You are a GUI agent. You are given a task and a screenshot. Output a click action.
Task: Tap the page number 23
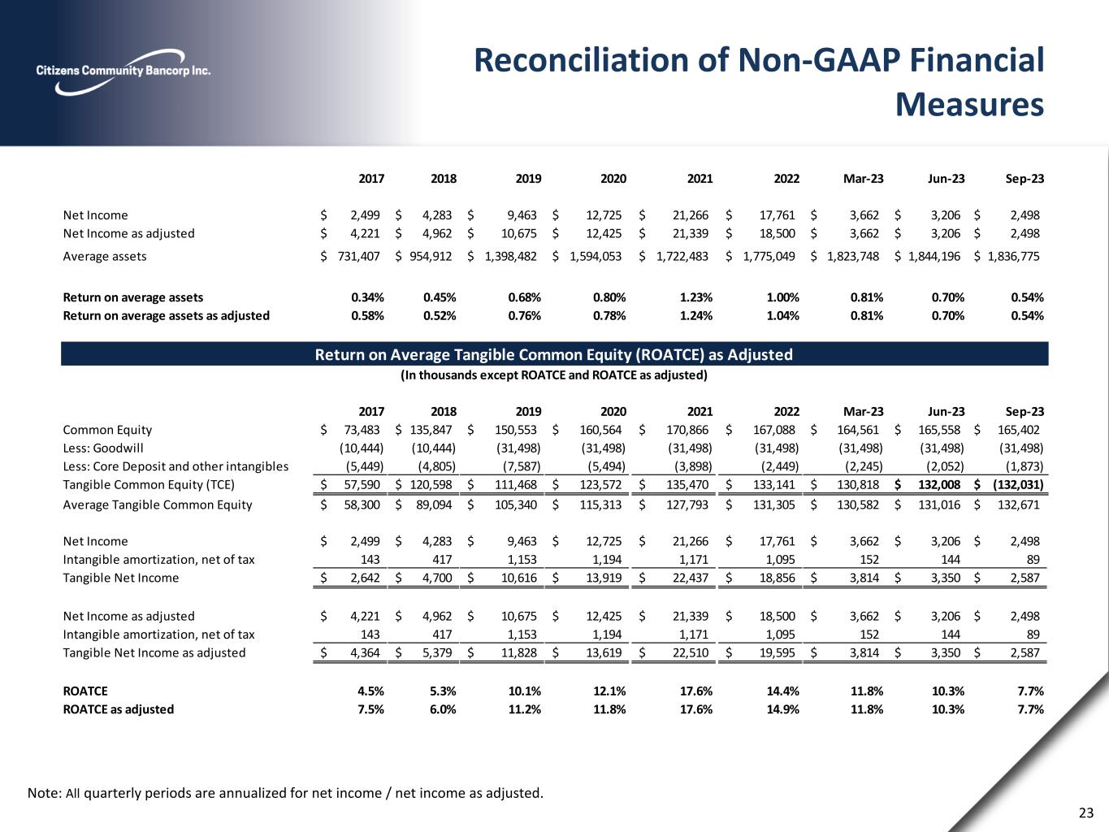coord(1086,812)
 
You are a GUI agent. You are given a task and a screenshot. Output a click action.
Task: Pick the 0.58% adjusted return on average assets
coord(367,315)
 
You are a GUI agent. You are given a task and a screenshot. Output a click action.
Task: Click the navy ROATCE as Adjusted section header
coord(553,354)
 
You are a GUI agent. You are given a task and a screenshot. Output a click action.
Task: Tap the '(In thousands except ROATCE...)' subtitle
coord(553,375)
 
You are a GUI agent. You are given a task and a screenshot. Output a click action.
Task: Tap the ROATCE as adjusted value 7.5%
coord(370,709)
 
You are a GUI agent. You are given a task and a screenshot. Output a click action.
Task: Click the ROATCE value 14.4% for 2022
coord(783,691)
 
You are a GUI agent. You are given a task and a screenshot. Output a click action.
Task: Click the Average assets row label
coord(105,256)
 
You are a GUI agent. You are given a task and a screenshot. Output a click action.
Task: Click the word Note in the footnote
coord(43,792)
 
